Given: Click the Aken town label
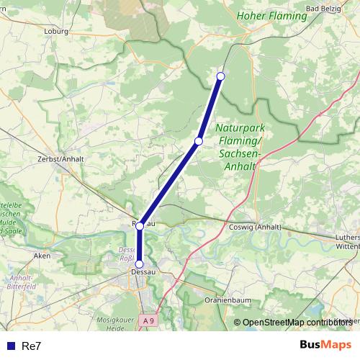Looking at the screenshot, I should coord(42,255).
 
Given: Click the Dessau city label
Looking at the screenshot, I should coord(140,272).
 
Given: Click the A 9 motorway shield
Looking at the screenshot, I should coord(148,320).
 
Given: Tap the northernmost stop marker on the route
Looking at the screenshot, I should coord(221,76).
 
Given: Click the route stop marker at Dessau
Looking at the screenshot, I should coord(140,264).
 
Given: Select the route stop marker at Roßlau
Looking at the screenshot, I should coord(140,225).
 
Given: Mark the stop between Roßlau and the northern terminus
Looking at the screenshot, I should coord(198,140).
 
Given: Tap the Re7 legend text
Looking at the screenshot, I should coord(32,346).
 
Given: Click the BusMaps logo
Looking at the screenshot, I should coord(325,345).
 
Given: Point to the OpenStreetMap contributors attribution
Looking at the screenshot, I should coord(297,323).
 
